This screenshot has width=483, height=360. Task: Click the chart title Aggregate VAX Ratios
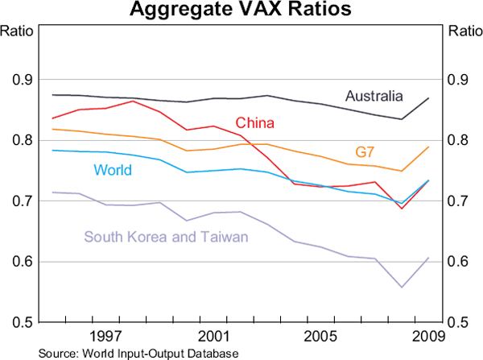242,10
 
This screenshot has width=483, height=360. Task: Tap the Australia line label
374,97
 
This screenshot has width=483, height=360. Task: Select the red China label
255,123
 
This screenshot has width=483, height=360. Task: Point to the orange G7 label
365,152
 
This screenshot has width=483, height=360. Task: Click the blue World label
113,170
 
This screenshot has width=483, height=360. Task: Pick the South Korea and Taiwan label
166,236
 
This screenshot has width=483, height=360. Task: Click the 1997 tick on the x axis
105,334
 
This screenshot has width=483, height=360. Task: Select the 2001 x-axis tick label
214,334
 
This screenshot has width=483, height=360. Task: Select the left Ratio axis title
20,32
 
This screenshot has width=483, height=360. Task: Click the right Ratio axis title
462,32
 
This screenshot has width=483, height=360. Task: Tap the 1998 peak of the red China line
133,101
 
